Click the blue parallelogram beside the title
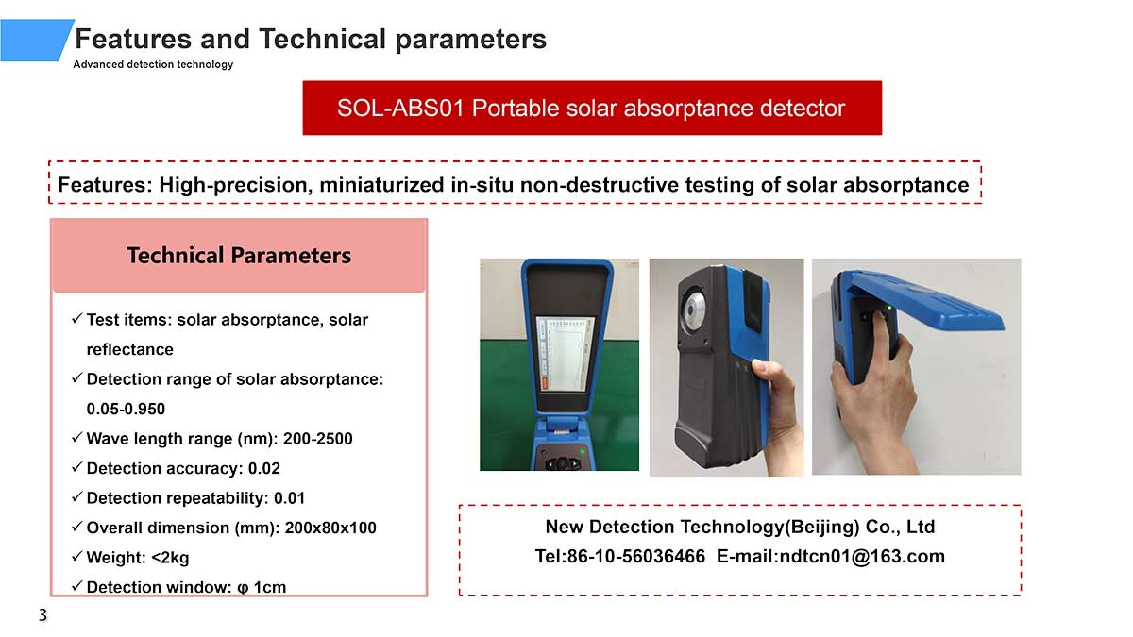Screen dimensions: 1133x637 [36, 40]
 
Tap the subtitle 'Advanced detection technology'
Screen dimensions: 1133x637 [153, 64]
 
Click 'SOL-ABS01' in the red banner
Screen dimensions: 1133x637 [400, 108]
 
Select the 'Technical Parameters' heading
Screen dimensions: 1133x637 [239, 256]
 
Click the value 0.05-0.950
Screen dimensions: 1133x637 [126, 409]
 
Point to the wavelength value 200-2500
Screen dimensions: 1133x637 [317, 438]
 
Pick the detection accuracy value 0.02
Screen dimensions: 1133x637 [264, 468]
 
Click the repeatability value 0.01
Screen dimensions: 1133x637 [289, 498]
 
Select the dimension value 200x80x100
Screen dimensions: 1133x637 [330, 528]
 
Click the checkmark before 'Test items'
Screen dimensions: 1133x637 [76, 319]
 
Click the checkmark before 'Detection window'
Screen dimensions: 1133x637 [76, 586]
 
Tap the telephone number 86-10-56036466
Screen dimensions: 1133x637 [635, 556]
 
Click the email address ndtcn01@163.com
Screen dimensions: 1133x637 [862, 556]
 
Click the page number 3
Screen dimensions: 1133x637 [43, 615]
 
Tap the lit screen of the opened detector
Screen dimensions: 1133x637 [566, 353]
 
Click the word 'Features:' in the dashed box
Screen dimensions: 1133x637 [105, 185]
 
